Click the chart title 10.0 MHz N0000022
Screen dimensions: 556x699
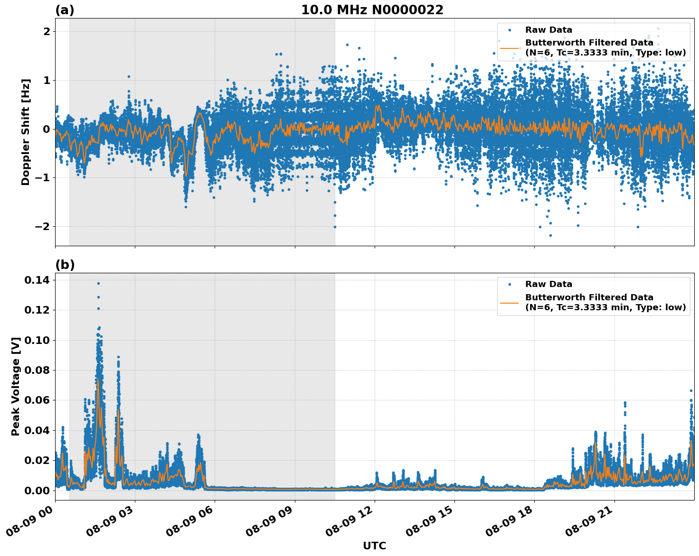(372, 10)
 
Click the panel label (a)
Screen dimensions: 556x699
(65, 10)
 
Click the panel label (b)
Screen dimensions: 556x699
(65, 265)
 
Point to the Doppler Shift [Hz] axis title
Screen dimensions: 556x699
(26, 132)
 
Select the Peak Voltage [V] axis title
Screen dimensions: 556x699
(16, 386)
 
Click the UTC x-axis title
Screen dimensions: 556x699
(374, 546)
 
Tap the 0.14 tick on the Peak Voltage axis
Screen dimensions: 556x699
(37, 280)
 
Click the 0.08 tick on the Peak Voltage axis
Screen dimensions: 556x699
(37, 371)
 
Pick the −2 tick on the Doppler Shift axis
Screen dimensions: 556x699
(42, 227)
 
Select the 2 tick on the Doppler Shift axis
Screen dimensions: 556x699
(47, 31)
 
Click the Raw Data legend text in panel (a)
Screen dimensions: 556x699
(548, 30)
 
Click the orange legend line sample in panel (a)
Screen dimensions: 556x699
(509, 47)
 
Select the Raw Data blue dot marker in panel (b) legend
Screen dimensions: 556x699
(509, 284)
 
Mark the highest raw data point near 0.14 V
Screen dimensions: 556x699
(98, 283)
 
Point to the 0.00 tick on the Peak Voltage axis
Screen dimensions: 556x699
(37, 491)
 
